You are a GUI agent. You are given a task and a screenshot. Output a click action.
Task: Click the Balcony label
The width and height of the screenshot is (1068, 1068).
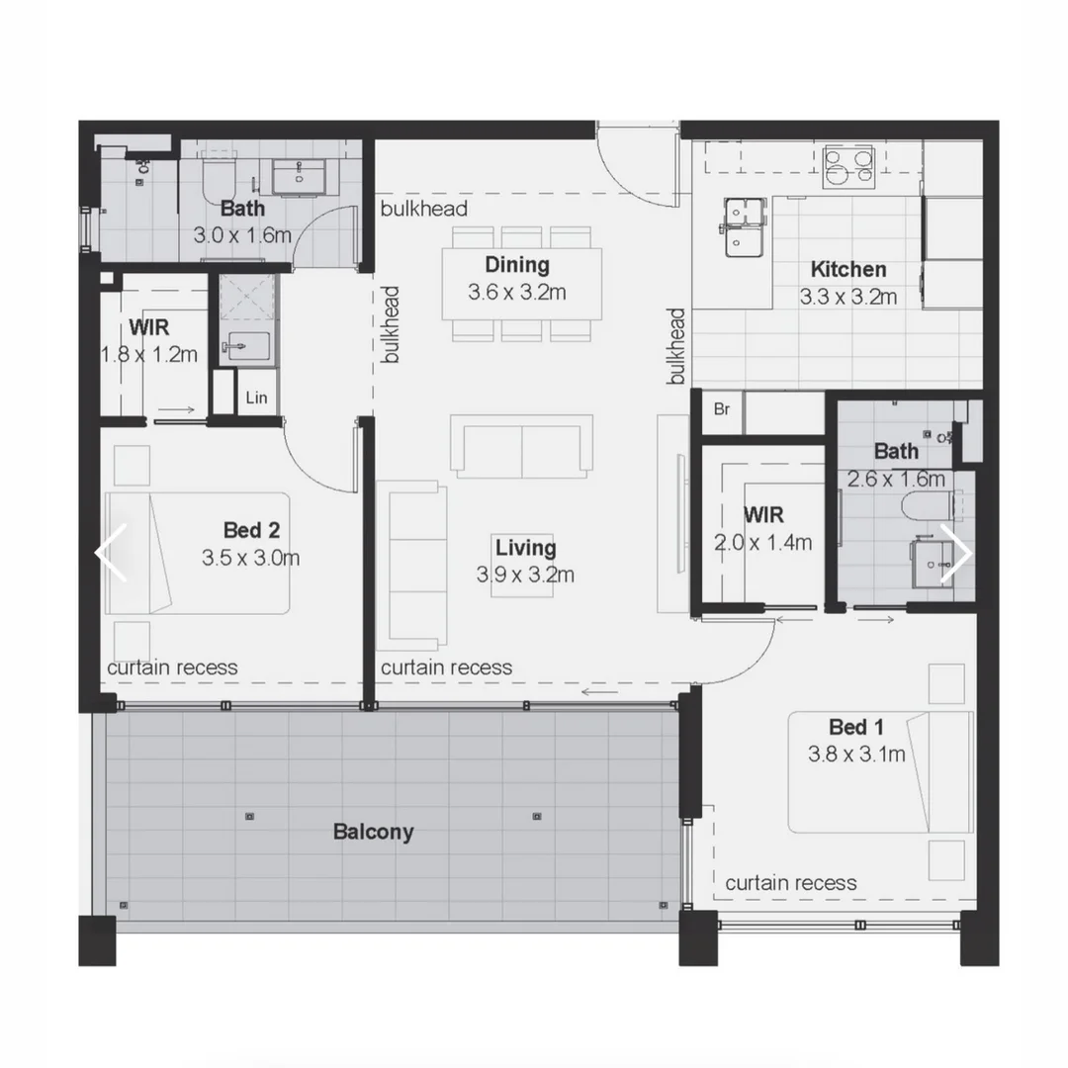click(373, 832)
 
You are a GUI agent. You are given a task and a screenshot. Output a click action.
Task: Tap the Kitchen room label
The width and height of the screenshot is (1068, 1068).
click(847, 269)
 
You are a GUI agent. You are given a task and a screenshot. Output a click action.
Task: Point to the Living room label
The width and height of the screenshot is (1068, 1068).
click(525, 548)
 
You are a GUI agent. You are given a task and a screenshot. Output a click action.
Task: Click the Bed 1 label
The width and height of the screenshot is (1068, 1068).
click(855, 728)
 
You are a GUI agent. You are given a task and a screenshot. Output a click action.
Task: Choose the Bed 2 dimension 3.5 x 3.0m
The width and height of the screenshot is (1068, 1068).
click(250, 558)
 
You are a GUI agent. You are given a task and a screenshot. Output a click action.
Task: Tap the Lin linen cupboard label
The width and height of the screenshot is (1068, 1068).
click(255, 399)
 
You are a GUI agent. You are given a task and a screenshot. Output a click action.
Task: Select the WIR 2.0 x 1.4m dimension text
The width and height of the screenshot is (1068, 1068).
click(762, 542)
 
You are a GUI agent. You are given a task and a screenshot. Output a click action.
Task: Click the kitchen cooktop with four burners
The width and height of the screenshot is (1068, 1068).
click(848, 166)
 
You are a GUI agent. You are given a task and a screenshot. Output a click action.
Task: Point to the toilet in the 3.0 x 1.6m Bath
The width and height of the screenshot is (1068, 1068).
click(216, 178)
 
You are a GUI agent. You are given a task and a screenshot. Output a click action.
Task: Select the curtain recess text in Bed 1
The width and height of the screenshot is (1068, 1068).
click(791, 883)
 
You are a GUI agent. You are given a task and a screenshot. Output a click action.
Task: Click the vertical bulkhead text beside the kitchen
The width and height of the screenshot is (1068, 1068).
click(676, 346)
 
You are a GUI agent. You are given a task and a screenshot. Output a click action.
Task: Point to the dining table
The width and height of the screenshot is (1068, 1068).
click(521, 284)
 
